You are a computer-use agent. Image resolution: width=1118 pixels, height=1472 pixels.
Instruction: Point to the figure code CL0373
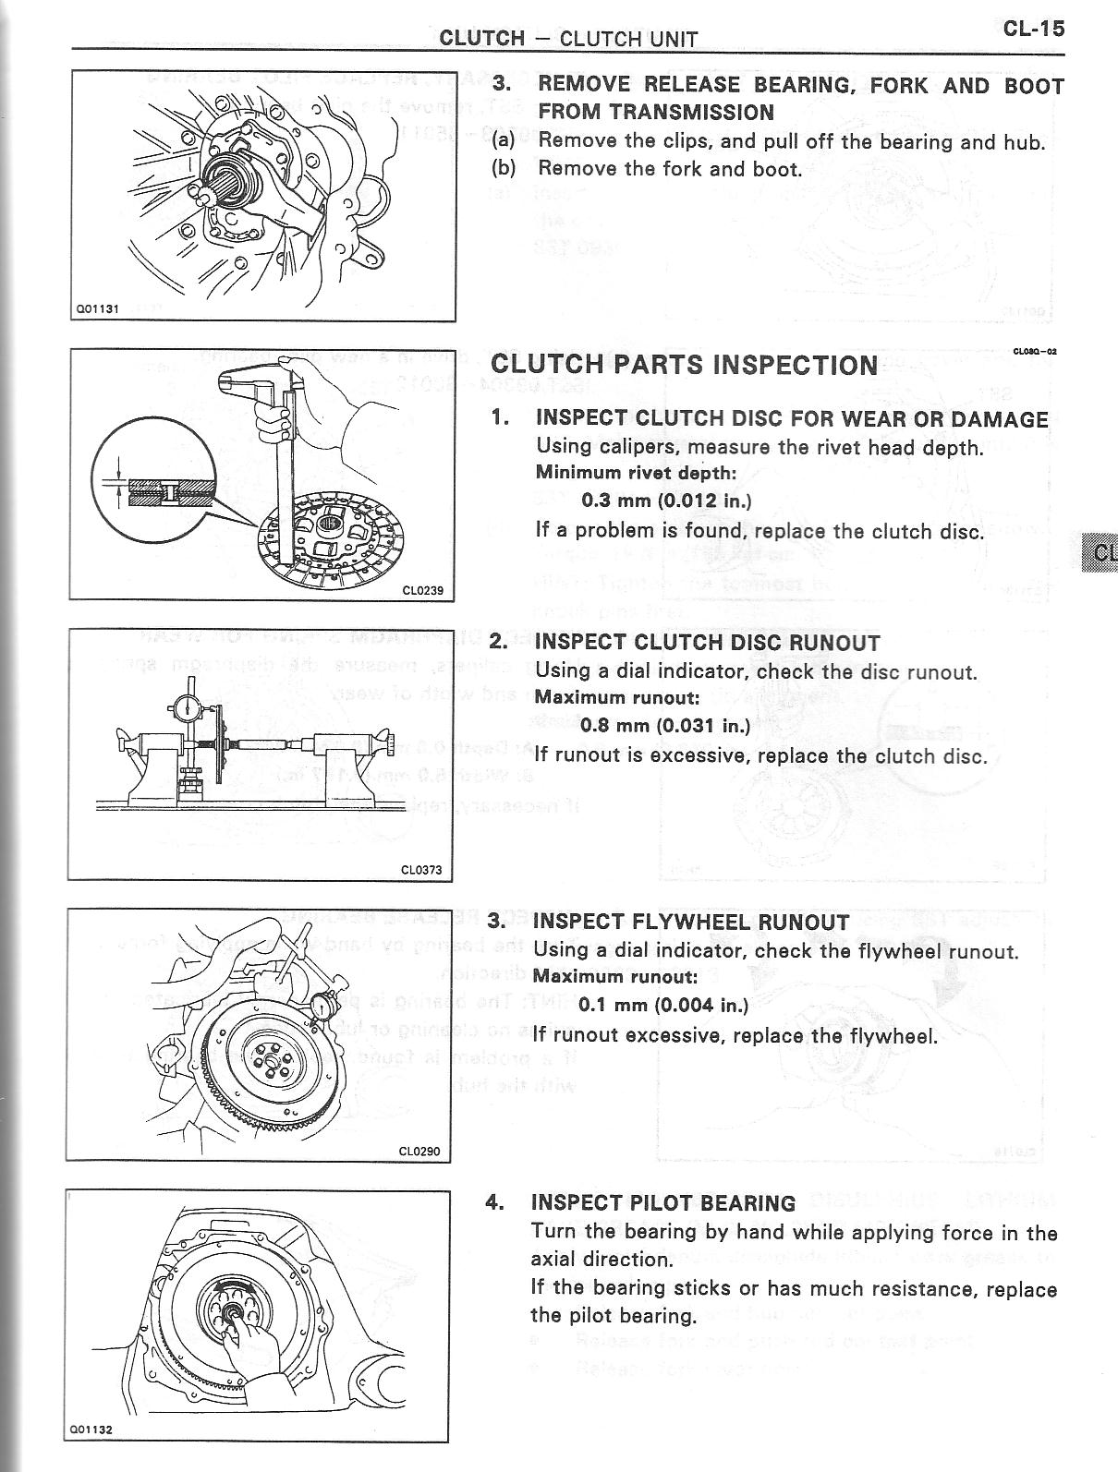point(420,869)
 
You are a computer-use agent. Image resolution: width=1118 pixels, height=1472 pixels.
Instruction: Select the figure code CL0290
point(419,1152)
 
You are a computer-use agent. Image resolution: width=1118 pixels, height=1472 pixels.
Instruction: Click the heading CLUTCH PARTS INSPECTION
point(684,365)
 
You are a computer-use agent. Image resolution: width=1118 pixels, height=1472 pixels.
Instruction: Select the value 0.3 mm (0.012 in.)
point(665,501)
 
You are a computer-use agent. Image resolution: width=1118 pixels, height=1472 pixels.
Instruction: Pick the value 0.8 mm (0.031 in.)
point(664,725)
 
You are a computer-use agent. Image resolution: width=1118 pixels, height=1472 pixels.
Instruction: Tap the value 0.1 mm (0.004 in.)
point(663,1005)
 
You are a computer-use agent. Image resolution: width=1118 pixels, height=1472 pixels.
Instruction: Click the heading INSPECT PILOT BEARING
point(662,1202)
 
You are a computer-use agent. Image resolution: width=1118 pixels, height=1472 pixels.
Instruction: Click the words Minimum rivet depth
point(636,473)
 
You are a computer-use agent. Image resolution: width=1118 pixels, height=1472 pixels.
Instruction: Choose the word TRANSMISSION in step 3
point(656,113)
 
